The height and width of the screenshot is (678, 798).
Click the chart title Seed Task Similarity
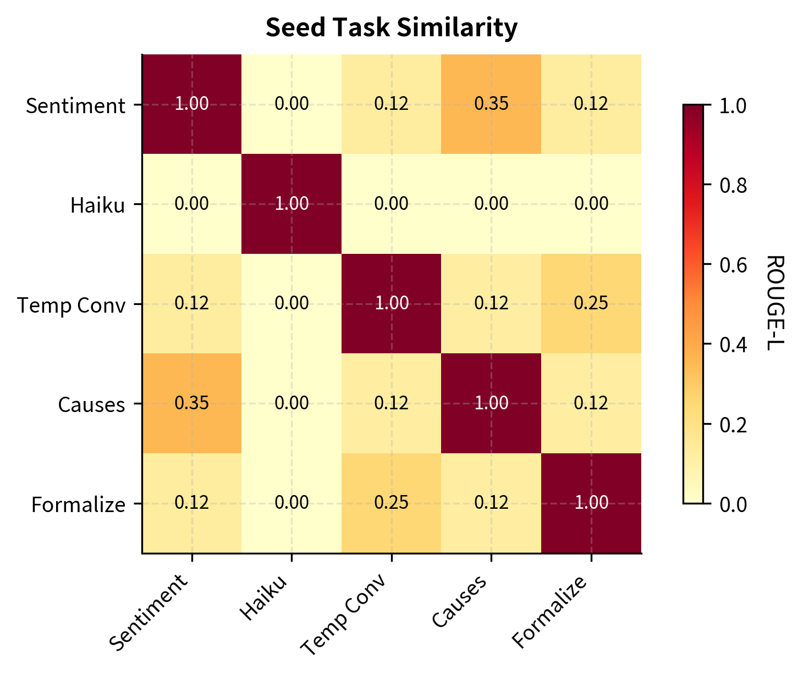(x=391, y=27)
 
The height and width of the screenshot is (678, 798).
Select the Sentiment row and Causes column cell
(x=491, y=104)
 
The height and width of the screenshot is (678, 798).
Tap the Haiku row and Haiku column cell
(x=291, y=204)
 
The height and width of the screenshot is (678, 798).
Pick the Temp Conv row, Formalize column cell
(x=591, y=304)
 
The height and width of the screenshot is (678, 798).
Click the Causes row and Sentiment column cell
(x=192, y=404)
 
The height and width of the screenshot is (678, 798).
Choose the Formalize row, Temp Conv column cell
(x=391, y=503)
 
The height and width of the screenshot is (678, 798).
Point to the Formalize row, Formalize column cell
(x=591, y=503)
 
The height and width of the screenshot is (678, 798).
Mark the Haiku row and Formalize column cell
(x=591, y=204)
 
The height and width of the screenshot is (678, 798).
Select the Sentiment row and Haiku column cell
(x=291, y=104)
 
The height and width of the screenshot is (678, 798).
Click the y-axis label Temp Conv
(x=71, y=305)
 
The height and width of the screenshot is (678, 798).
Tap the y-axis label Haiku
(x=98, y=205)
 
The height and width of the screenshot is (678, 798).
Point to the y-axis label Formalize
(x=78, y=504)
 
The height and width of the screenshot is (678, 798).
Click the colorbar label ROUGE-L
(x=774, y=303)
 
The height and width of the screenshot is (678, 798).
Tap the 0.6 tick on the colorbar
(x=734, y=265)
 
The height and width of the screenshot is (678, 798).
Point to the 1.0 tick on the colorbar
(x=734, y=105)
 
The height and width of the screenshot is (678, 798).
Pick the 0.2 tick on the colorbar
(x=734, y=424)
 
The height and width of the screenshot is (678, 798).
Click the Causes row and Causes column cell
(x=491, y=404)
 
